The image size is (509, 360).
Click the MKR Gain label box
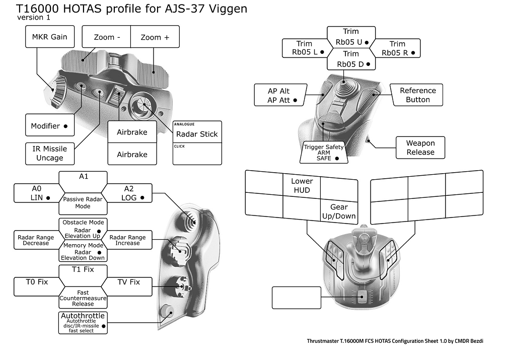tap(49, 37)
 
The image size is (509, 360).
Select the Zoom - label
tap(107, 37)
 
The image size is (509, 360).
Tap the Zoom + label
tap(155, 37)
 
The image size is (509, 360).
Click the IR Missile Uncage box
tap(49, 153)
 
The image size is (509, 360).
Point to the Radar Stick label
tap(197, 134)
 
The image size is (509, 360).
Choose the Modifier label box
tap(49, 125)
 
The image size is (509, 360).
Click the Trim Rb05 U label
tap(351, 37)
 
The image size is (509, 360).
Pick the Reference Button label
tap(417, 95)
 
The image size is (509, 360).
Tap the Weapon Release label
tap(420, 148)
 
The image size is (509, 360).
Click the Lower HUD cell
tap(302, 185)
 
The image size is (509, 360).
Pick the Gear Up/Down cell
tap(339, 211)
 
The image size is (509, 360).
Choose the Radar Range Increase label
tap(127, 240)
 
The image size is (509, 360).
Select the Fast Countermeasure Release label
tap(83, 298)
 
